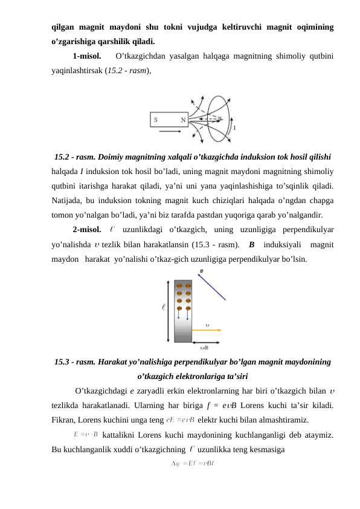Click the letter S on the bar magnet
point(156,120)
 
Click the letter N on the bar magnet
point(183,120)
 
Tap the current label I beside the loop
point(234,128)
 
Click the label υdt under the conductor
point(204,347)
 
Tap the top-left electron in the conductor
point(179,285)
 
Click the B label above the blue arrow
point(201,271)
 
